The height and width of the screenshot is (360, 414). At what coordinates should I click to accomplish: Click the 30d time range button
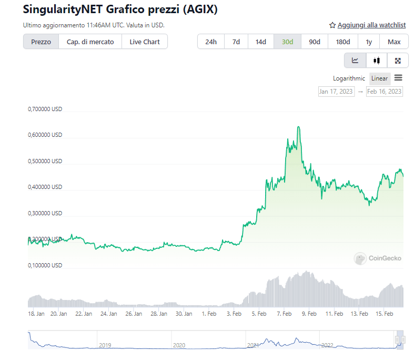tap(287, 42)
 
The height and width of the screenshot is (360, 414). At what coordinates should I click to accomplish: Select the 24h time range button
tap(211, 42)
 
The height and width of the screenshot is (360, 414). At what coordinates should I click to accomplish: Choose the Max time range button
tap(394, 42)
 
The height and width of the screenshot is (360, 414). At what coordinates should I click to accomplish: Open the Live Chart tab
tap(145, 42)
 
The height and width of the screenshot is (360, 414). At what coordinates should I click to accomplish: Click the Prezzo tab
tap(41, 42)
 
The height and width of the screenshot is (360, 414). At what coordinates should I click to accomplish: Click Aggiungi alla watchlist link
tap(368, 25)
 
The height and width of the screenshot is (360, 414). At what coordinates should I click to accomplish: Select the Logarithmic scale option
tap(349, 78)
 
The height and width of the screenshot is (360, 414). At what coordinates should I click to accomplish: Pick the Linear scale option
tap(379, 78)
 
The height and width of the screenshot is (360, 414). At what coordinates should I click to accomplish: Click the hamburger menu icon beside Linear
tap(398, 78)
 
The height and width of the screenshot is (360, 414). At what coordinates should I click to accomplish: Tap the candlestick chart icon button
tap(377, 60)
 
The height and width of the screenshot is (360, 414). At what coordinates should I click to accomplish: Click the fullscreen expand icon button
tap(398, 60)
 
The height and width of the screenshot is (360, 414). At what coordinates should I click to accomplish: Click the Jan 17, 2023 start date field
tap(336, 91)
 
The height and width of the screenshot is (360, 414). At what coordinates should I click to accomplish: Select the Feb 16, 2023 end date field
tap(385, 91)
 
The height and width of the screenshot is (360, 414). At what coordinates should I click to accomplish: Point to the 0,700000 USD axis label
tap(45, 109)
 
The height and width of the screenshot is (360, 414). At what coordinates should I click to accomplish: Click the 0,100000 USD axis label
tap(45, 265)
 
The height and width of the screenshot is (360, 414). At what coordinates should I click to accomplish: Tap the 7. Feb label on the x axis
tap(284, 314)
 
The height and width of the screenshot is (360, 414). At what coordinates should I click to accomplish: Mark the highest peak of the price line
tap(298, 127)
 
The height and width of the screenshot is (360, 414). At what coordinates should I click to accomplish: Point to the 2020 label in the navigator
tap(179, 345)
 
